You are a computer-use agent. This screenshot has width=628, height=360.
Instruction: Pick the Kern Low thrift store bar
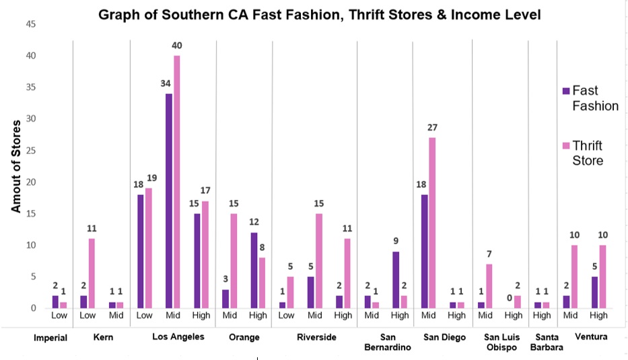[x=92, y=273]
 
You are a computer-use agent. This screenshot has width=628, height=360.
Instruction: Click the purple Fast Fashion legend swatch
[x=566, y=90]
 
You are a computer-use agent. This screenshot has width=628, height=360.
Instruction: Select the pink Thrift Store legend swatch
[x=566, y=145]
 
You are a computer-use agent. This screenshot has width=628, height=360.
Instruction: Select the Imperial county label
[x=50, y=337]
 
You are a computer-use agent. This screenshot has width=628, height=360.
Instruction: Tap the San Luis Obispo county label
[x=500, y=343]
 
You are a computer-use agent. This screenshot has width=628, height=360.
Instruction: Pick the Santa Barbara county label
[x=545, y=343]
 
